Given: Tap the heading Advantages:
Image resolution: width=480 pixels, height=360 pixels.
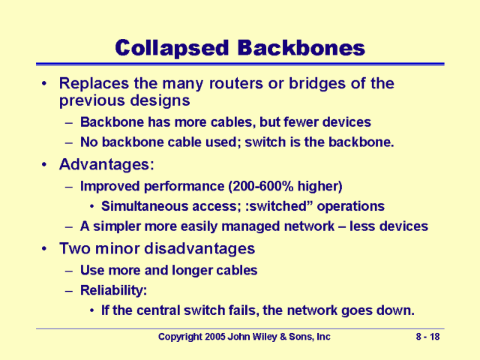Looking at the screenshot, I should point(100,163).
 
